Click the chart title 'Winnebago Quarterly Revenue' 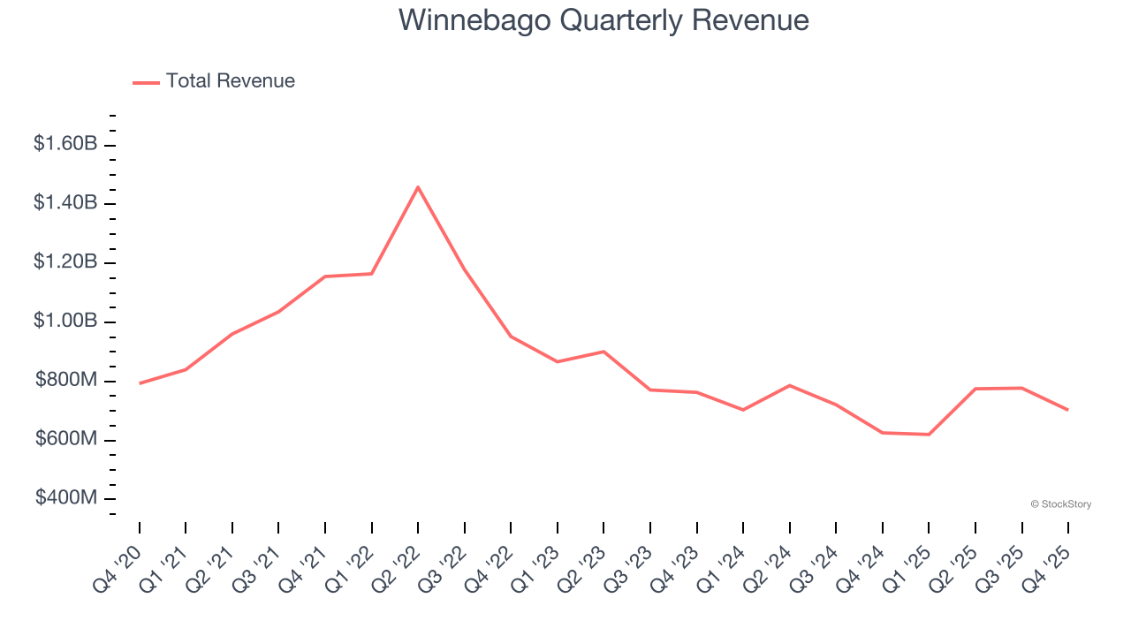[603, 19]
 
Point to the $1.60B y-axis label [65, 144]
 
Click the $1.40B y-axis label [65, 203]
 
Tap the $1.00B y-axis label [65, 322]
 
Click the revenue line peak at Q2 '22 [418, 186]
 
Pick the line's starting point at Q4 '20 [140, 383]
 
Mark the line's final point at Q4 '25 [1068, 410]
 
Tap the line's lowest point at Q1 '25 [929, 435]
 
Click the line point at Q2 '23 [603, 352]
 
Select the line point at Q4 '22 [511, 337]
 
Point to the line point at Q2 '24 [789, 385]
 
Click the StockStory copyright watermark [1060, 504]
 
